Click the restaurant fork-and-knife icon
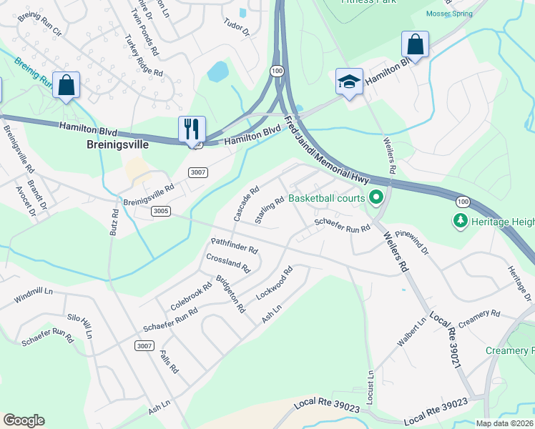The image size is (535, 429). (x=192, y=129)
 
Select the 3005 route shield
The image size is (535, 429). (x=161, y=211)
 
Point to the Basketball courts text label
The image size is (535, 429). (x=327, y=198)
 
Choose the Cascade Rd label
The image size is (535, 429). (x=245, y=203)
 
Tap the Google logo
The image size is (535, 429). (x=24, y=420)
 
